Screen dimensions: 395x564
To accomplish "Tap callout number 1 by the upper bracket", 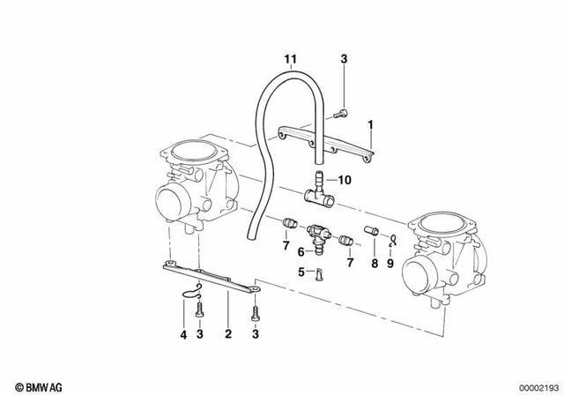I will (371, 124).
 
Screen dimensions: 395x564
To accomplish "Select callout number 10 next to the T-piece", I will (344, 180).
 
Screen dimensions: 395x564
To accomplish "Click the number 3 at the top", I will (344, 59).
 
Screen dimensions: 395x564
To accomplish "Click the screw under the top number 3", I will (340, 112).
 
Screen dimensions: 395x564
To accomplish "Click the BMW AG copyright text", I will (29, 385).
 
